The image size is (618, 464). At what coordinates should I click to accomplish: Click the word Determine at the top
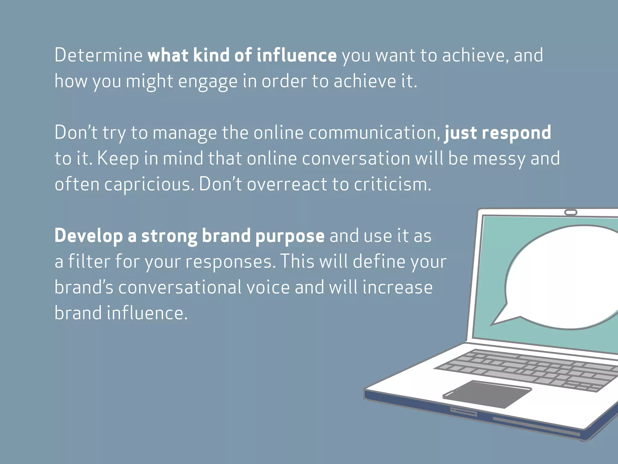coord(98,55)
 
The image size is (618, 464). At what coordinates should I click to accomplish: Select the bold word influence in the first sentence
coord(297,55)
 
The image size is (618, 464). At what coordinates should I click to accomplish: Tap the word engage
coord(208,82)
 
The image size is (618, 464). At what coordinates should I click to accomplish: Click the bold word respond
coord(516,133)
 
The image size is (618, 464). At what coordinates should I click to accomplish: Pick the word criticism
coord(392,184)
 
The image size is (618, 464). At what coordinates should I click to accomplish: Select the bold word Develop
coord(89,236)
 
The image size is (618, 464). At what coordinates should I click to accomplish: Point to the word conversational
coord(180,287)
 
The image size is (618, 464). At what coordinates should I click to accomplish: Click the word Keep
coord(118,159)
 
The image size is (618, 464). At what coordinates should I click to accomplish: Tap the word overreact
coord(287,184)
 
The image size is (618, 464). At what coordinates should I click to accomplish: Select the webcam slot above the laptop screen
coord(571,213)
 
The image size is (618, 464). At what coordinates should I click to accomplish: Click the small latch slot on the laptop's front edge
coord(463,411)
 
